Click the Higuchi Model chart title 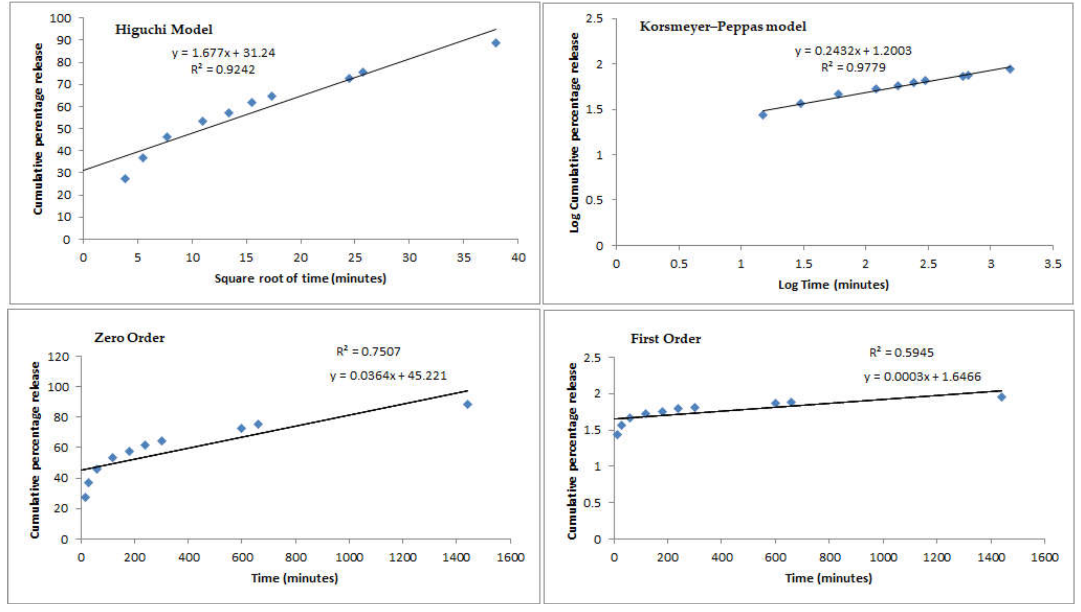(x=164, y=30)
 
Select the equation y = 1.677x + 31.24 (x=223, y=53)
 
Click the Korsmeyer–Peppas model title (x=723, y=26)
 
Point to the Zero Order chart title (x=129, y=337)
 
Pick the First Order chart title (x=665, y=339)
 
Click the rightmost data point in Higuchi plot (x=496, y=43)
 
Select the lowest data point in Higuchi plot (x=125, y=179)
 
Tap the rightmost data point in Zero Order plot (x=467, y=405)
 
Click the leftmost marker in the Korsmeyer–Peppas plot (x=763, y=115)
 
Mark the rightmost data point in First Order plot (x=1001, y=397)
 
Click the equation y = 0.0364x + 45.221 (x=388, y=376)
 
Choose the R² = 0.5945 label (x=901, y=352)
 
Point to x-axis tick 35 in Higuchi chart (x=463, y=257)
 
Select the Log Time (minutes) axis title (x=833, y=284)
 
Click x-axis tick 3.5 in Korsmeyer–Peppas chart (x=1052, y=264)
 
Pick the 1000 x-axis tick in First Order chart (x=883, y=557)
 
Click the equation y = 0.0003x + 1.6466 (x=922, y=376)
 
